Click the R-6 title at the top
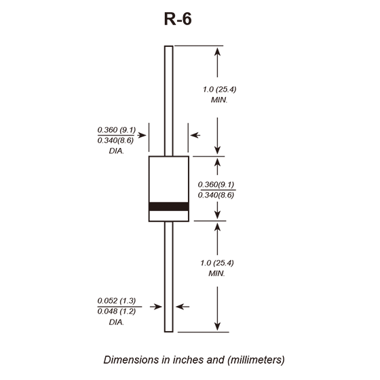coord(178,19)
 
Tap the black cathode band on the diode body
coord(169,206)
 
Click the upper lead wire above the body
coord(169,101)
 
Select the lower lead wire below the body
coord(169,277)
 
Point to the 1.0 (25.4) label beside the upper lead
coord(220,90)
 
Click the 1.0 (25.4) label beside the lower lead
coord(217,263)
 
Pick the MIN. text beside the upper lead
coord(219,100)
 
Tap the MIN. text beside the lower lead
coord(217,273)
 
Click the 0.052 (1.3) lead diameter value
coord(117,301)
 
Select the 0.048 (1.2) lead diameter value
coord(117,311)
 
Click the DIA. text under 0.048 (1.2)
coord(117,322)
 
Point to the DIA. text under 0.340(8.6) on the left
coord(117,151)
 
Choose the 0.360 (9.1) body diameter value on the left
coord(117,130)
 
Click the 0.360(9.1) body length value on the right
coord(216,185)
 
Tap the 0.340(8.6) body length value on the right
coord(216,195)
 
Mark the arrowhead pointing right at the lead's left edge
coord(159,307)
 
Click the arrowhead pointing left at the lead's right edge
coord(179,307)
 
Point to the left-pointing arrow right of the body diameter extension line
coord(195,135)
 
